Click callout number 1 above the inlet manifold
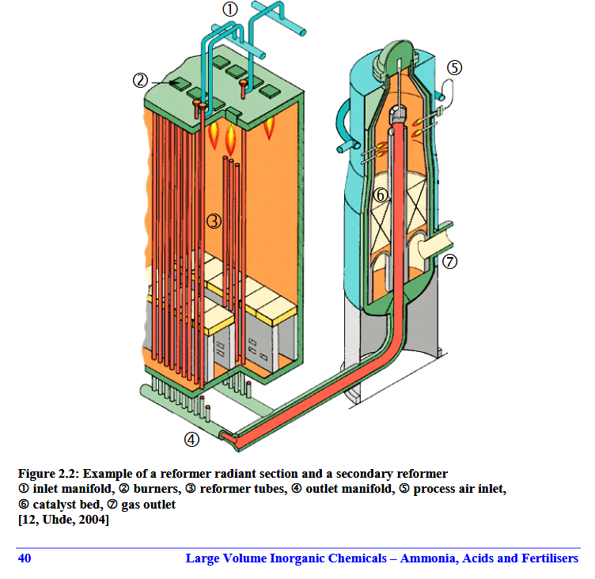230,9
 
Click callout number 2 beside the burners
140,81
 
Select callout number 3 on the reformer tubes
214,221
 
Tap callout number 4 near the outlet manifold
191,439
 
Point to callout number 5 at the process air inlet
455,68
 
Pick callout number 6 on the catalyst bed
381,195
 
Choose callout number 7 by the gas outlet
449,262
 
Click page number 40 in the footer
25,558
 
